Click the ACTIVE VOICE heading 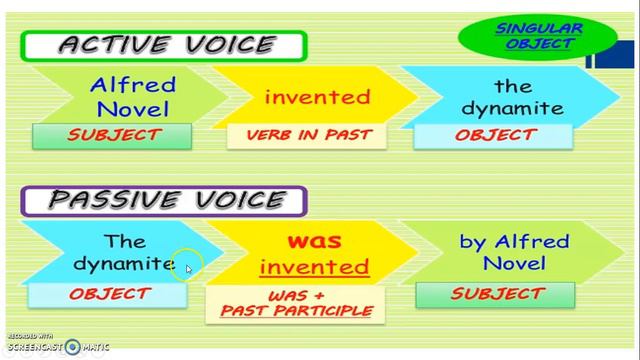[165, 45]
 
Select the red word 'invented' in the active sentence [317, 97]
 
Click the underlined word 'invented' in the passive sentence [313, 267]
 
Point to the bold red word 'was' [314, 241]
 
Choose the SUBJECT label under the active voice [113, 135]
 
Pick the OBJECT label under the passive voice [109, 294]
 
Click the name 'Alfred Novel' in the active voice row [133, 96]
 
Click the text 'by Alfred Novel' [514, 252]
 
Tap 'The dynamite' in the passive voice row [124, 252]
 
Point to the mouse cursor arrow [189, 268]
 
